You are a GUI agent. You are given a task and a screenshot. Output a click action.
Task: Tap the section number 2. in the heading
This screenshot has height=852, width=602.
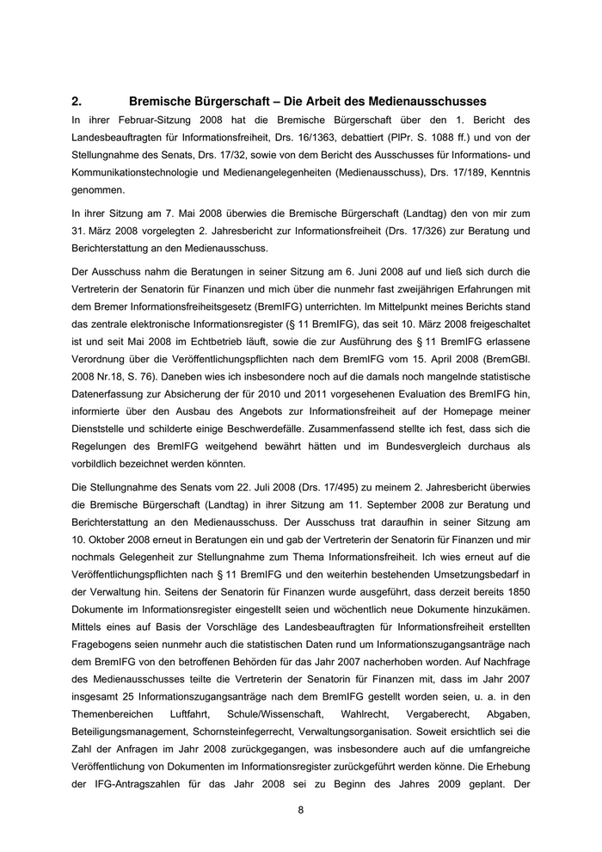77,102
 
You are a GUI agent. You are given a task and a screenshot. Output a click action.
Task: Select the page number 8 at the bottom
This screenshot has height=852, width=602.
301,808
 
